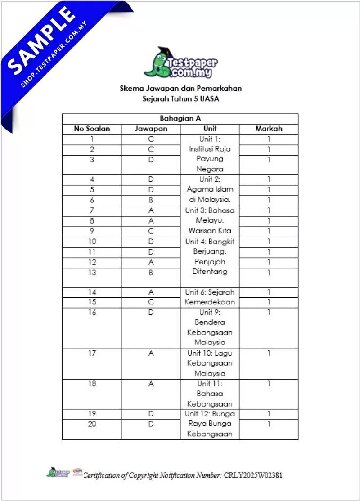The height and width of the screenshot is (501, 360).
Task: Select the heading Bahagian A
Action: click(x=180, y=119)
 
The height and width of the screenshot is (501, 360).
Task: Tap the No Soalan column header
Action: click(x=92, y=129)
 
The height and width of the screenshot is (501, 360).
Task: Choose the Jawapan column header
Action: click(x=151, y=129)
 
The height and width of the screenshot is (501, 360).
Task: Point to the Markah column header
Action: click(x=269, y=129)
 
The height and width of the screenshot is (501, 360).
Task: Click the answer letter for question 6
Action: click(x=151, y=200)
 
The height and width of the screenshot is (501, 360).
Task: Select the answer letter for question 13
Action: click(x=151, y=273)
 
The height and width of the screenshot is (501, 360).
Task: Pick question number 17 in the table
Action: click(x=92, y=353)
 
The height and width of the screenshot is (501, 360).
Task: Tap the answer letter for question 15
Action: click(x=151, y=302)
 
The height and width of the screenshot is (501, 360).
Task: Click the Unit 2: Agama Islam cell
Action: click(x=210, y=190)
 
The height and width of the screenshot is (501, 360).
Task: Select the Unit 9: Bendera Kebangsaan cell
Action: click(x=210, y=327)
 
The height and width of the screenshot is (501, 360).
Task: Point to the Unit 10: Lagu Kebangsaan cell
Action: click(x=210, y=363)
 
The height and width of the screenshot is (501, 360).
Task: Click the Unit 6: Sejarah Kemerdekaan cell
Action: click(x=210, y=297)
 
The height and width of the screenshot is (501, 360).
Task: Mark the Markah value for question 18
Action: click(x=269, y=384)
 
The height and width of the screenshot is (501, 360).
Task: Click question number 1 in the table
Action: click(x=92, y=139)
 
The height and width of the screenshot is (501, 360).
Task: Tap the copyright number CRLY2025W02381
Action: click(x=253, y=475)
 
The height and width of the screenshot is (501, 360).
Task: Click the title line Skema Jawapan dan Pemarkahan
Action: click(x=180, y=89)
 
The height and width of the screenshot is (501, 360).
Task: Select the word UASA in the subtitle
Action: click(x=210, y=99)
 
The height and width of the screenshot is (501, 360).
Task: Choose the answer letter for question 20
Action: click(x=151, y=424)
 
